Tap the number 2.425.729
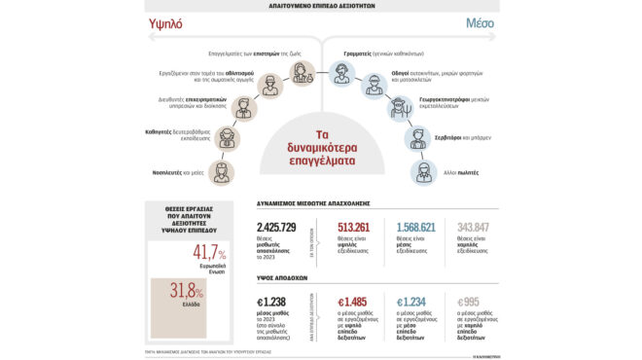283,227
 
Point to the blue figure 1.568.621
418,227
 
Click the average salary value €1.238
275,303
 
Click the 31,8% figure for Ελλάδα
187,290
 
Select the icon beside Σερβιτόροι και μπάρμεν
418,139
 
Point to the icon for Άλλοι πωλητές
425,172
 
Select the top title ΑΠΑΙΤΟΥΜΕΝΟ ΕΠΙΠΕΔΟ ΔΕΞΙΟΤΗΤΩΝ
321,5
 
